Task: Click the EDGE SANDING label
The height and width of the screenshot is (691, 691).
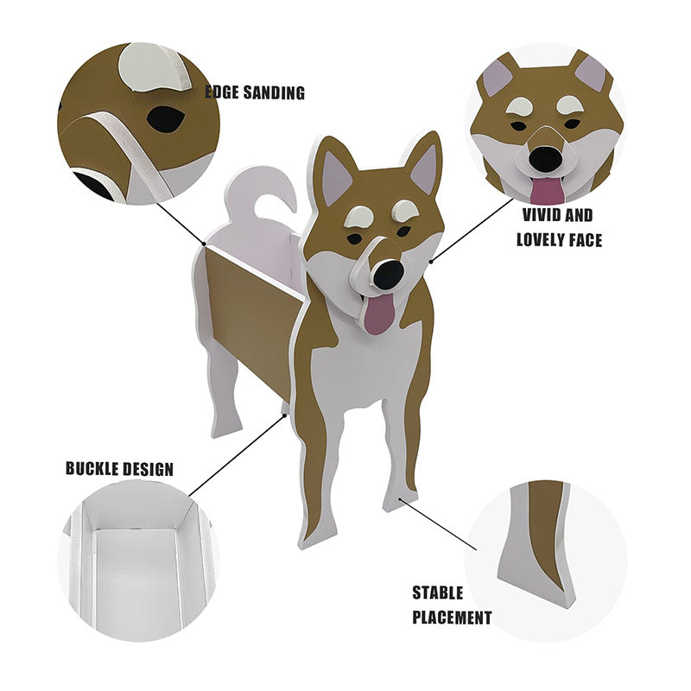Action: pos(255,92)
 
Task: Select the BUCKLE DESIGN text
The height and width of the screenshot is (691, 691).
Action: pos(119,470)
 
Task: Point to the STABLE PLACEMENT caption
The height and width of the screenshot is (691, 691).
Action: pos(451,605)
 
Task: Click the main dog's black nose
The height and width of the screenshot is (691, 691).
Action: pos(389,275)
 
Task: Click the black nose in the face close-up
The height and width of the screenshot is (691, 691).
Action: pos(544,158)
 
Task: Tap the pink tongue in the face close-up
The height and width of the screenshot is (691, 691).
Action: pos(547,190)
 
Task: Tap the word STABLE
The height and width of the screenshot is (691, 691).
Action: pos(437,593)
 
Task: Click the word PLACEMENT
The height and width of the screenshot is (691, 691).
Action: pos(451,618)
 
